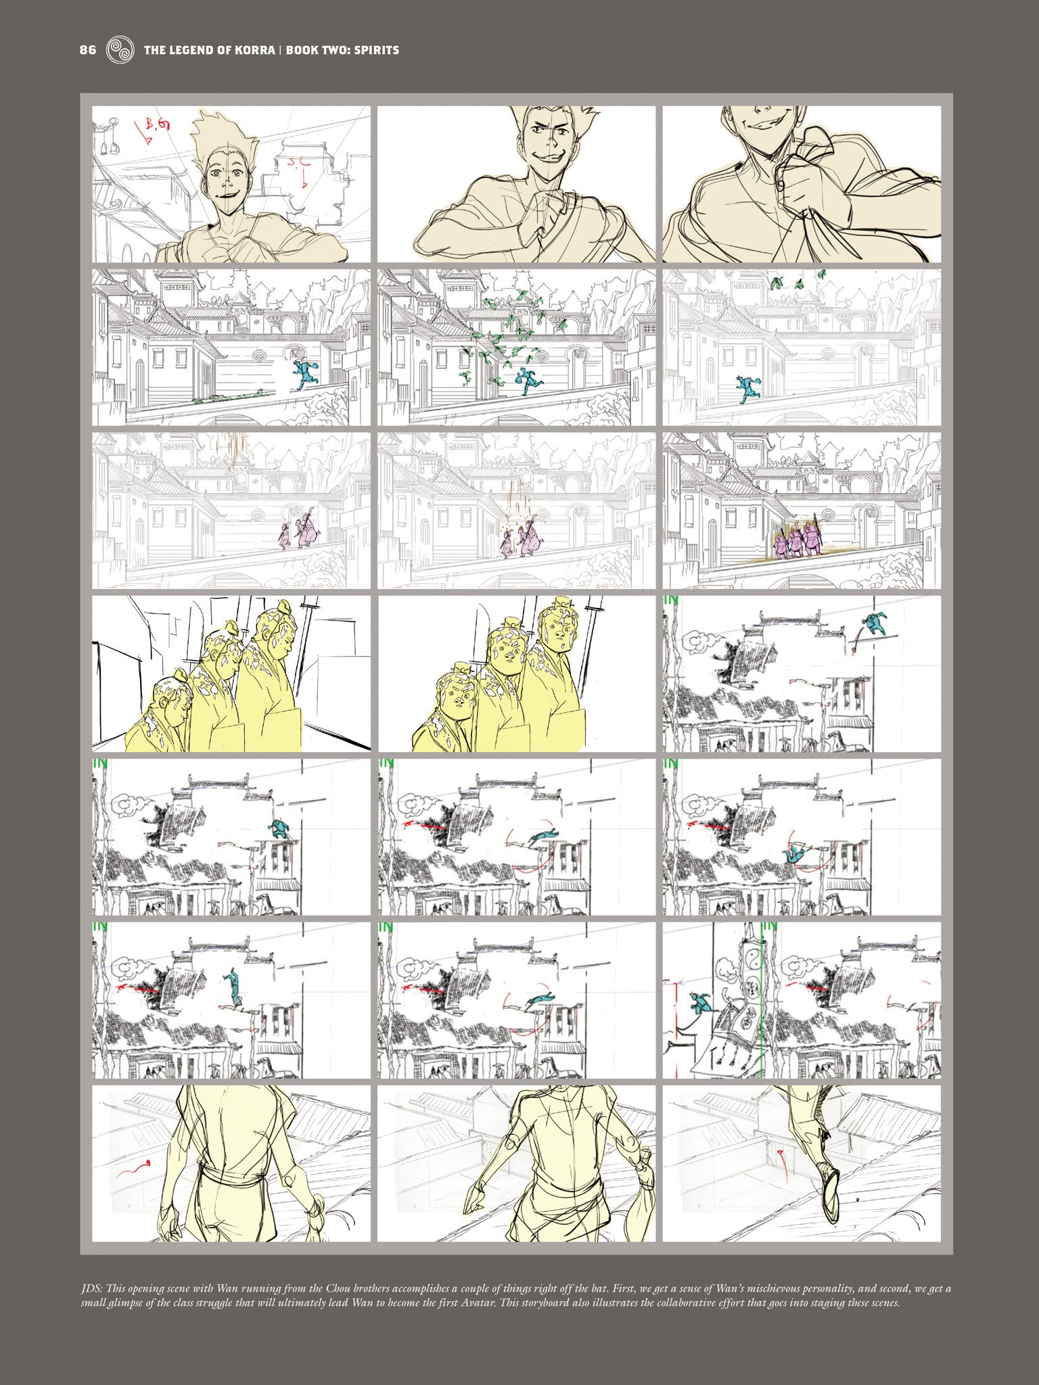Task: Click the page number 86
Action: [88, 50]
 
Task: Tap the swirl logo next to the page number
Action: [118, 50]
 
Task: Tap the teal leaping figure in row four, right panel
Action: [874, 621]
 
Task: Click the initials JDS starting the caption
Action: [90, 1289]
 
